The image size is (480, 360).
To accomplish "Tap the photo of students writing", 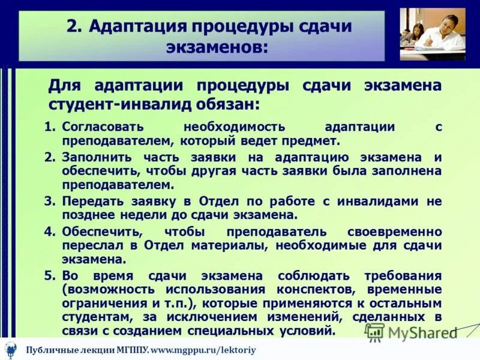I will [433, 34].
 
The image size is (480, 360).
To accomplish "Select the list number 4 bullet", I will [50, 232].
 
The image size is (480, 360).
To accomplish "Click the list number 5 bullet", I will [50, 275].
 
